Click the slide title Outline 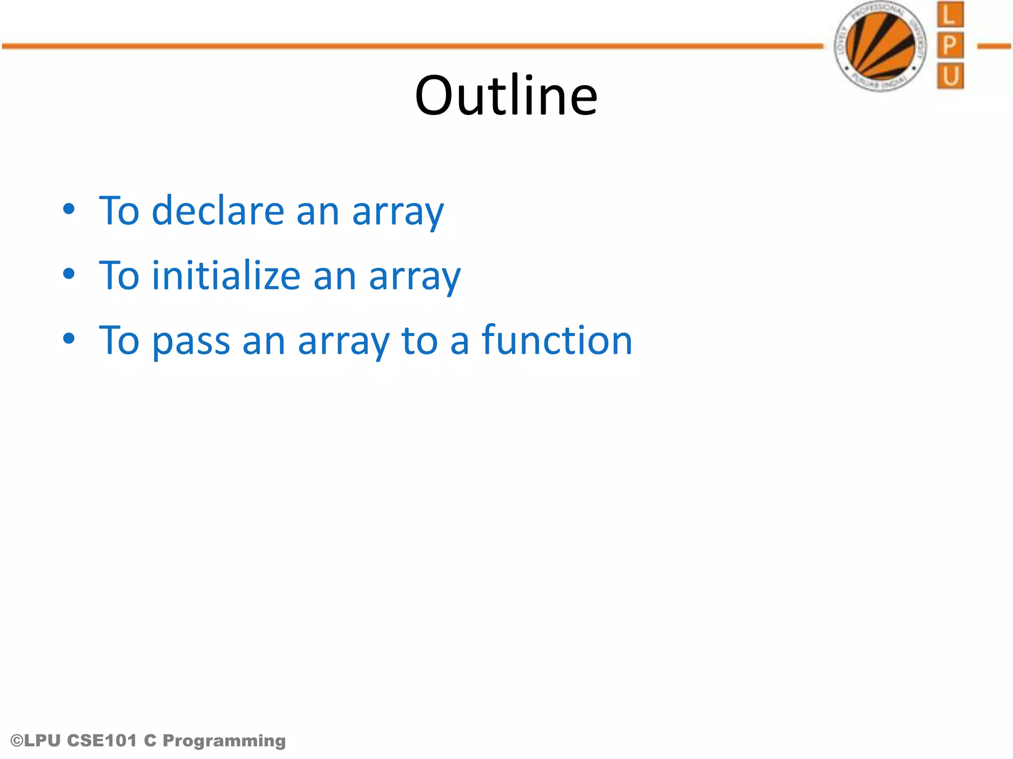tap(506, 95)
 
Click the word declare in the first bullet tap(218, 211)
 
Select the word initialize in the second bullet tap(226, 275)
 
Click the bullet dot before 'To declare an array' tap(69, 209)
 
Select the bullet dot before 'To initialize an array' tap(69, 274)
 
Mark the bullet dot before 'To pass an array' tap(69, 338)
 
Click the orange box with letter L tap(950, 15)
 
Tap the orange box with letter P tap(950, 45)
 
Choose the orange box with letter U tap(950, 76)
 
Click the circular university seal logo tap(880, 46)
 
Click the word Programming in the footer tap(224, 741)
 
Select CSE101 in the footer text tap(101, 740)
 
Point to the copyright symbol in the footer tap(16, 741)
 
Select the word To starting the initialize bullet tap(119, 275)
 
